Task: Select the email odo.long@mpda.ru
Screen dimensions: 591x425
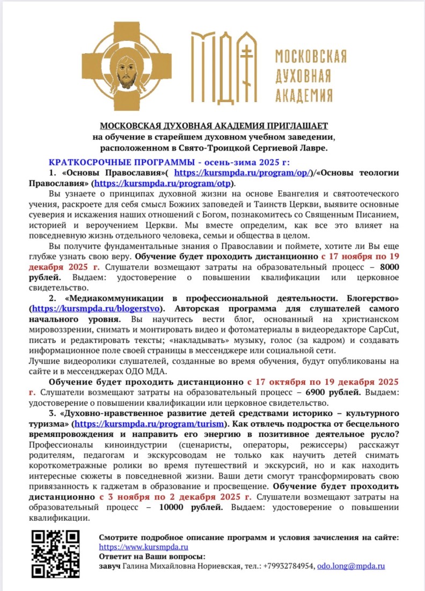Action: click(351, 566)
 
